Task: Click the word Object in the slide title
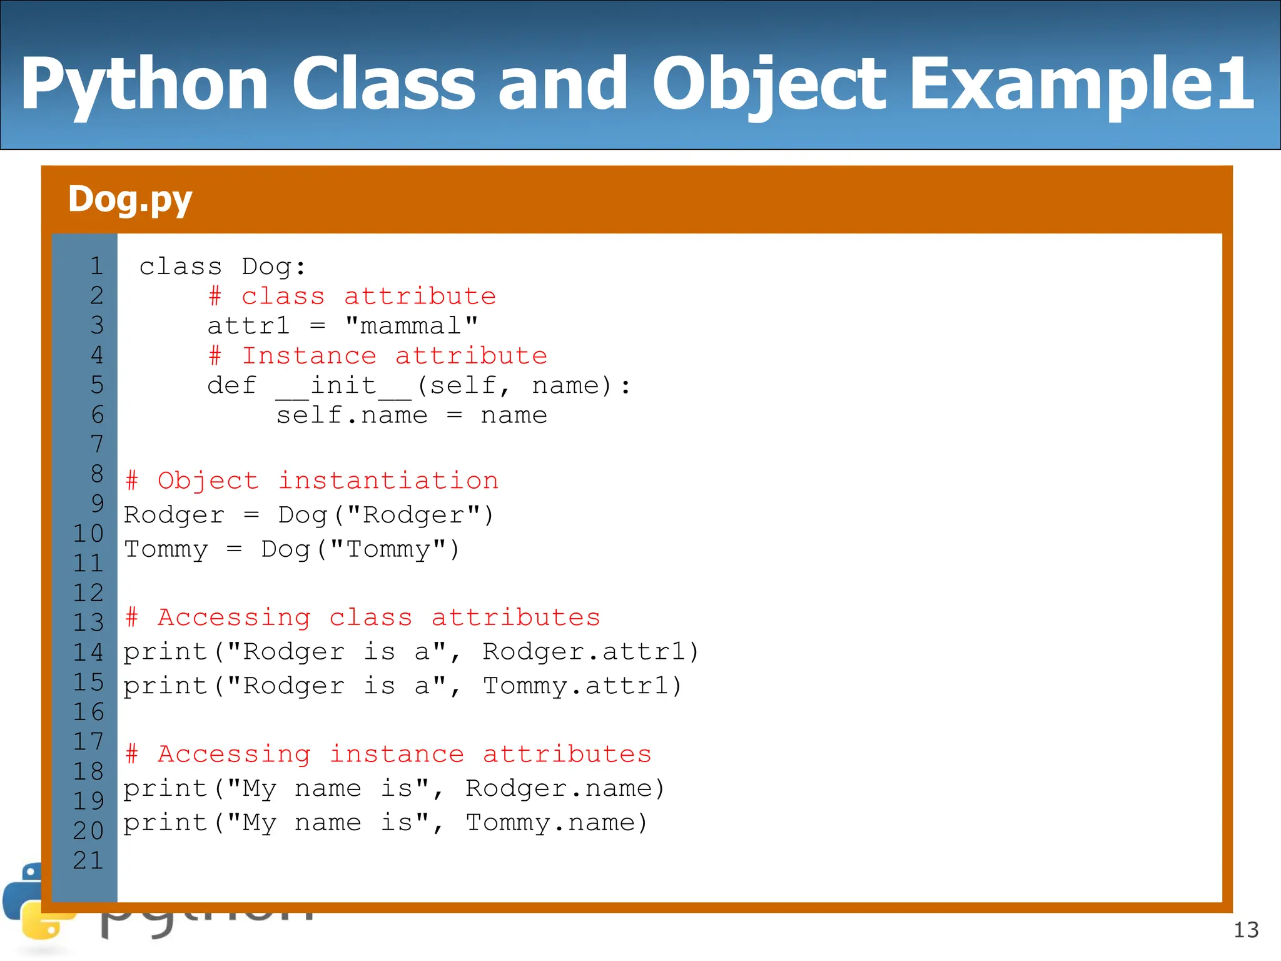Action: point(769,84)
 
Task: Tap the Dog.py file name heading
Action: point(129,200)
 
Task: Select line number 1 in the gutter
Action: point(96,267)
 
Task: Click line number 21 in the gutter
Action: point(88,861)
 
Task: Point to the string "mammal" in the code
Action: point(412,326)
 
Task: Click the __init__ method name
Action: point(343,386)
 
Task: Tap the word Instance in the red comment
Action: point(309,356)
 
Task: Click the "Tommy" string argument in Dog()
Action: point(388,549)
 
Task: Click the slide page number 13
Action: point(1246,930)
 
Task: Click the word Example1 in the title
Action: point(1081,84)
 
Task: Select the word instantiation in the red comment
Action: point(388,480)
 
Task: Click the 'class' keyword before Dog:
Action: point(180,267)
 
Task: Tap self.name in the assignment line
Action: point(352,415)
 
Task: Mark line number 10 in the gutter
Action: point(88,534)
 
